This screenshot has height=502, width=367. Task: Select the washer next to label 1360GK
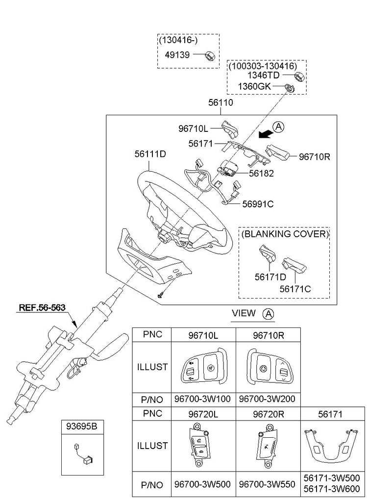click(289, 88)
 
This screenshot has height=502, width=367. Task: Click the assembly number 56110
click(221, 103)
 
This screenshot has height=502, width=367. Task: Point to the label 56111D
click(150, 153)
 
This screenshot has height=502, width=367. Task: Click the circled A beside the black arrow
click(278, 127)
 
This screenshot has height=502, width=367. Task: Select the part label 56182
click(261, 174)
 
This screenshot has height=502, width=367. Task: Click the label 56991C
click(258, 204)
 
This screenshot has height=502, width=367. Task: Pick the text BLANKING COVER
click(284, 234)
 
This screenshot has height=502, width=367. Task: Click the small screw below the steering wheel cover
click(161, 294)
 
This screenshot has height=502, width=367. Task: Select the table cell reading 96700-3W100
click(202, 399)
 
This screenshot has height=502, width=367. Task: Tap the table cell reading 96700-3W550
click(268, 484)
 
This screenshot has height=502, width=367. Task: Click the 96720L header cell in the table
click(202, 414)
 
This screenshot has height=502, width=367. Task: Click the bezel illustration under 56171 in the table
click(332, 444)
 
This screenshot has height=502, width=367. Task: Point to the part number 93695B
click(80, 427)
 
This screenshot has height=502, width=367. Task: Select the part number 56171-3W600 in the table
click(332, 489)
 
